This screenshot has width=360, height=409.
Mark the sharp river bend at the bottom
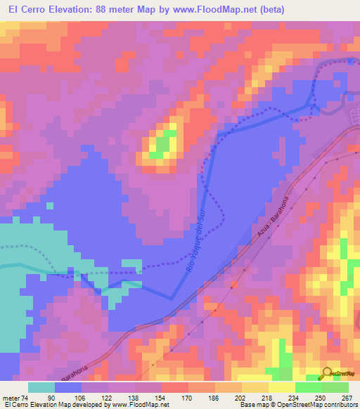(x=173, y=297)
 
